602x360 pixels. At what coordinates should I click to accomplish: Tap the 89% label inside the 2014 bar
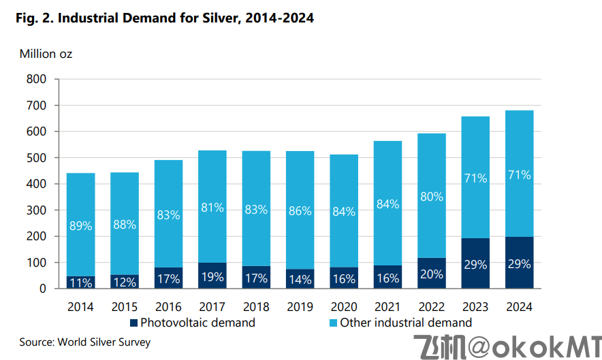pos(80,226)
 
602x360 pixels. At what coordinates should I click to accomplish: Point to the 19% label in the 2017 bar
pos(212,277)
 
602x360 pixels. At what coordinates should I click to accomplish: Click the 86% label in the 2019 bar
pos(300,211)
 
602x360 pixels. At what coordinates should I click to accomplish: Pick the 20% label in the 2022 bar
pos(432,274)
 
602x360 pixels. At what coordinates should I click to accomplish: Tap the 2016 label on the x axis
pos(168,307)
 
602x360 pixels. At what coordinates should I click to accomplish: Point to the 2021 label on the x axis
pos(388,307)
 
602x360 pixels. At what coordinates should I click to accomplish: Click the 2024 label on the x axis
pos(520,307)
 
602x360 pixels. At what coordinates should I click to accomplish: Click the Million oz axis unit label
pos(46,54)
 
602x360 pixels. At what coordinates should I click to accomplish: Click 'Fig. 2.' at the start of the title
pos(34,18)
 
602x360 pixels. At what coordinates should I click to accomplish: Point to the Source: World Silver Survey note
pos(84,342)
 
